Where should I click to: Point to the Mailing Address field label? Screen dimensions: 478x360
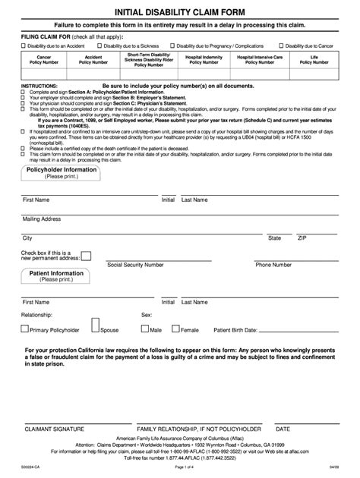pos(41,219)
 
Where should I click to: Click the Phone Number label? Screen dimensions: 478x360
pos(273,266)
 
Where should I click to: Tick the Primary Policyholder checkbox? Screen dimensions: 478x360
pos(25,329)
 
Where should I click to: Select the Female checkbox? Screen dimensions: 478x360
pos(177,329)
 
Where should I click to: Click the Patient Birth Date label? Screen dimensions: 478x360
pos(235,331)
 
